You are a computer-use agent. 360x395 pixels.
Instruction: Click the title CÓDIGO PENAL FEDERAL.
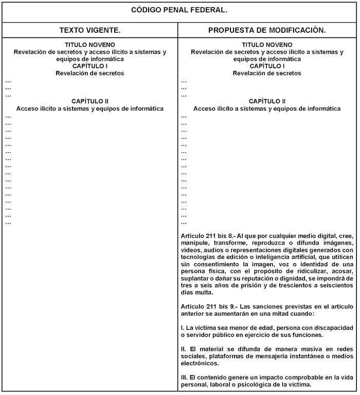pyautogui.click(x=179, y=10)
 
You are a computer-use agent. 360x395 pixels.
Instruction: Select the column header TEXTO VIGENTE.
pyautogui.click(x=90, y=31)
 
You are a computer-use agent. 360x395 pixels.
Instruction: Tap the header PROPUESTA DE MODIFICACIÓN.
pyautogui.click(x=267, y=31)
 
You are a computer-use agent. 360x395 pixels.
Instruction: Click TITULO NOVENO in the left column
pyautogui.click(x=90, y=45)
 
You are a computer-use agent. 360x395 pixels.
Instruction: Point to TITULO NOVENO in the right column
pyautogui.click(x=267, y=45)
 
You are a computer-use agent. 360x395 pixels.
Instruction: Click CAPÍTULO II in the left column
pyautogui.click(x=90, y=102)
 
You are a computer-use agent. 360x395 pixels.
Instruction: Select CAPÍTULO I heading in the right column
pyautogui.click(x=267, y=66)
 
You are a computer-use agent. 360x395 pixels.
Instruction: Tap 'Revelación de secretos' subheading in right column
pyautogui.click(x=267, y=73)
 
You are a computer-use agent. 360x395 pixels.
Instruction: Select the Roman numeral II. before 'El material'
pyautogui.click(x=184, y=349)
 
